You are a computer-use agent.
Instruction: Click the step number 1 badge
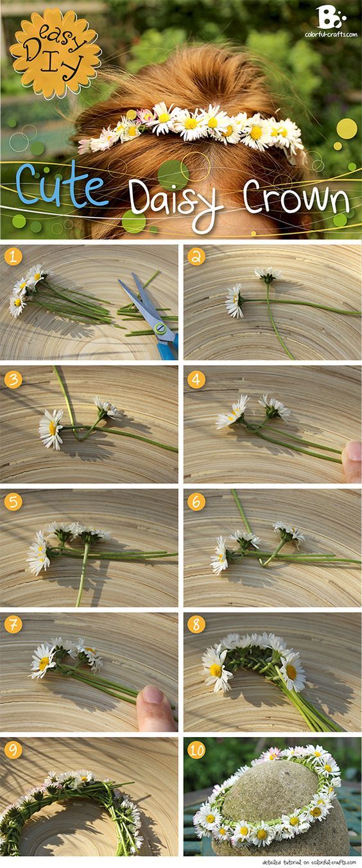tap(13, 257)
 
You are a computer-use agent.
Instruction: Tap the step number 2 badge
tap(196, 257)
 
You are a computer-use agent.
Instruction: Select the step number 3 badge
tap(13, 380)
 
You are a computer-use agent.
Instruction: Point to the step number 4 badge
tap(196, 380)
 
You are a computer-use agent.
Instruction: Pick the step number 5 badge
tap(13, 502)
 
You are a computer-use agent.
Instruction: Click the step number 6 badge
tap(196, 502)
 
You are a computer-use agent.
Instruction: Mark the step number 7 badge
tap(13, 625)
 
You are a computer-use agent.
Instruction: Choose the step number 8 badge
tap(196, 625)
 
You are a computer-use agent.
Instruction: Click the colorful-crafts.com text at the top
tap(331, 34)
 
